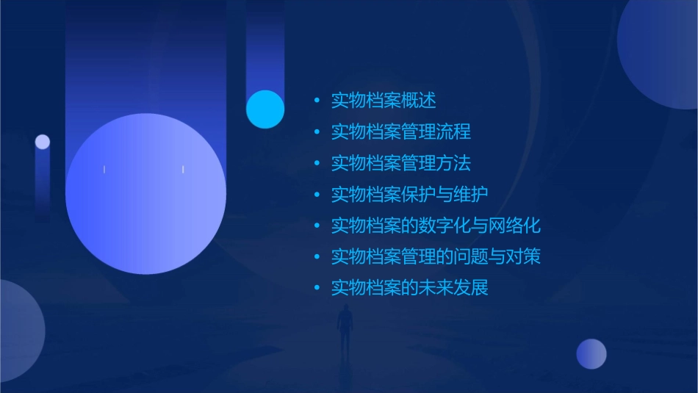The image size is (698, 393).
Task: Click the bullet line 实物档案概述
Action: (x=384, y=101)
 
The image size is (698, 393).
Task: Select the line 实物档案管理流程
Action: (x=401, y=132)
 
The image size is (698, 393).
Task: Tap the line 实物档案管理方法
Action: (x=401, y=163)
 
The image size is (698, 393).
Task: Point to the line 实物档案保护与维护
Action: (x=410, y=195)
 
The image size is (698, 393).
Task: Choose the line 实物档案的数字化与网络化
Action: (x=436, y=226)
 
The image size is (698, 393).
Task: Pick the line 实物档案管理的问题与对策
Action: (x=436, y=257)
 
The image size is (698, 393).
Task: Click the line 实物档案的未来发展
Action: (x=410, y=288)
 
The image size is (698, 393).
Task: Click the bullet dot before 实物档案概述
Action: (x=317, y=101)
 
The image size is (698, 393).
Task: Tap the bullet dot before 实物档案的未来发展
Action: (x=317, y=288)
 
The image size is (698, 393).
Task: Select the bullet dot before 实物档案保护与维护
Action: (x=317, y=195)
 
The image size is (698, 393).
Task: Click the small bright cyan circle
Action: (x=265, y=109)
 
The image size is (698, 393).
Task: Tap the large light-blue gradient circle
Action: (x=145, y=194)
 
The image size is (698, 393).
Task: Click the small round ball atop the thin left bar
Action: (x=43, y=142)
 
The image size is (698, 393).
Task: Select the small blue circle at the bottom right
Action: (x=591, y=354)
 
